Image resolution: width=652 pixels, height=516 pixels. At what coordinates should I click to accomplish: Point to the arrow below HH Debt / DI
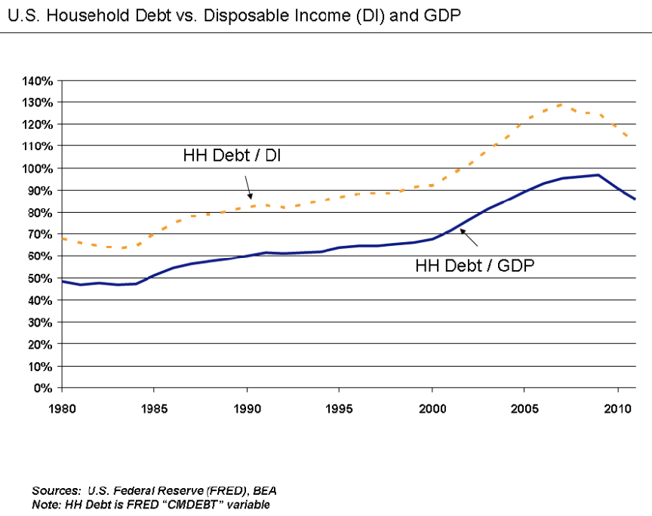248,186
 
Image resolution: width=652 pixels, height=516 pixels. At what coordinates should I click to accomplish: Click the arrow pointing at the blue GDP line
469,238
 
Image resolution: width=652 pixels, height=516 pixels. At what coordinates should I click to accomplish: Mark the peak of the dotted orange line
561,104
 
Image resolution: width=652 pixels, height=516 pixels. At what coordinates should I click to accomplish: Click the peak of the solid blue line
598,175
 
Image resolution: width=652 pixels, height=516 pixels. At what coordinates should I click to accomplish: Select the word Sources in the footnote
57,490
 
